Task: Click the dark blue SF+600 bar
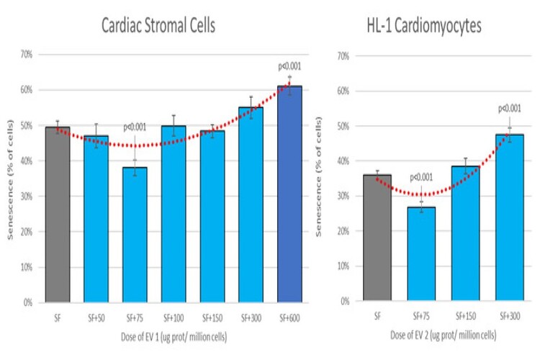(290, 194)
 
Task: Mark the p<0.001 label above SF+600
(289, 67)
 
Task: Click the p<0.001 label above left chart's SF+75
(135, 127)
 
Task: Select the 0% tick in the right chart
(344, 302)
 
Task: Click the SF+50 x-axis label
(95, 316)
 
